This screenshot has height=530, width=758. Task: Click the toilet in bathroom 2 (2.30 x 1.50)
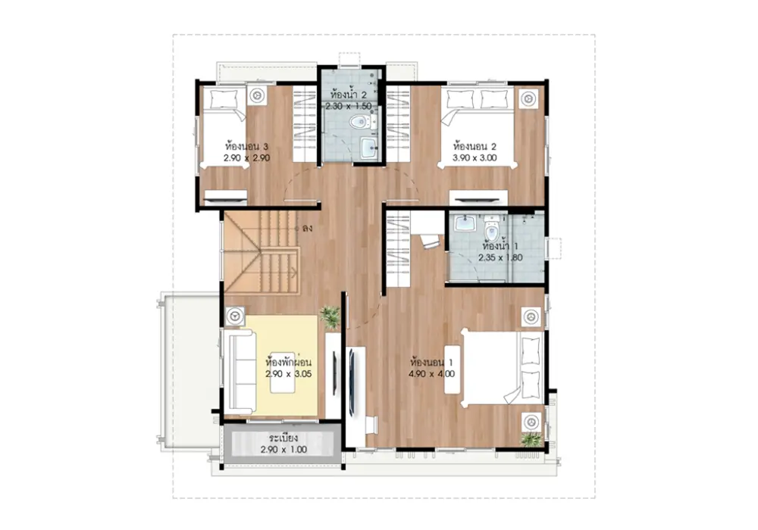pyautogui.click(x=359, y=122)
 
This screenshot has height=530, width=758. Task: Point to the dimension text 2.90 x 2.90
pyautogui.click(x=246, y=157)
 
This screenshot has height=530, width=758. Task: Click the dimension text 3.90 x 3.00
pyautogui.click(x=475, y=157)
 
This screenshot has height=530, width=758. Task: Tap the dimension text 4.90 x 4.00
pyautogui.click(x=432, y=373)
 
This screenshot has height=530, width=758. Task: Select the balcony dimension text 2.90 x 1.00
pyautogui.click(x=283, y=450)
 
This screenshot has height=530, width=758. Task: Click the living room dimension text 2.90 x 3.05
pyautogui.click(x=289, y=373)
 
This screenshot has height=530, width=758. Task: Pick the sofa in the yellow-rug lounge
pyautogui.click(x=239, y=371)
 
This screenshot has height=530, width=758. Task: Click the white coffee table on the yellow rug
pyautogui.click(x=283, y=371)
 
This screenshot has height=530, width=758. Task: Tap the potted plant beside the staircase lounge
pyautogui.click(x=330, y=317)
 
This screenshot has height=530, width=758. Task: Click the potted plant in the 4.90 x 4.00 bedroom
pyautogui.click(x=532, y=440)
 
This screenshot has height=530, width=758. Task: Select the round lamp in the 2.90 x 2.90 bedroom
pyautogui.click(x=258, y=95)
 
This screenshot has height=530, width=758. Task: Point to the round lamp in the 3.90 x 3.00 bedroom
pyautogui.click(x=528, y=98)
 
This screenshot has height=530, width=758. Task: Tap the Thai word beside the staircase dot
pyautogui.click(x=307, y=228)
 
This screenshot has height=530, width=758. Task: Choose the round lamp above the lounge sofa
pyautogui.click(x=236, y=316)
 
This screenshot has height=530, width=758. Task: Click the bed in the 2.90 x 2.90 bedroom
pyautogui.click(x=224, y=127)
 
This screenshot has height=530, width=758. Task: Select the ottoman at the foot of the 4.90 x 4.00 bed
pyautogui.click(x=452, y=369)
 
